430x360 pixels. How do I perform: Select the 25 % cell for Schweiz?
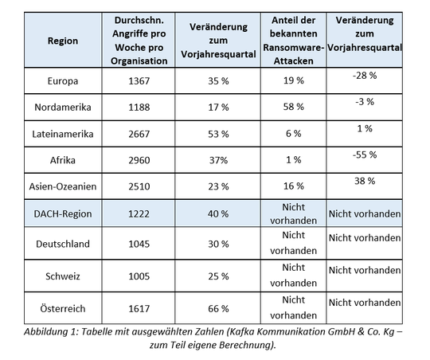pos(213,275)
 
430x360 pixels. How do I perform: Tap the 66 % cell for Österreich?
pos(213,307)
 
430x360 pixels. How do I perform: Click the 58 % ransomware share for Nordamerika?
pos(292,107)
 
